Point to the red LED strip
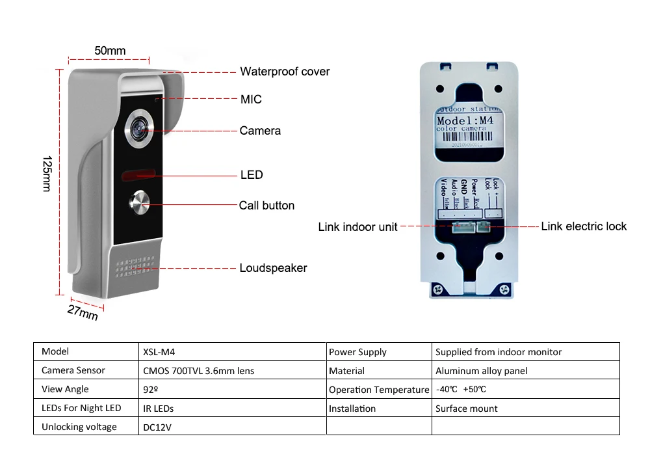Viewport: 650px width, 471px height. click(136, 174)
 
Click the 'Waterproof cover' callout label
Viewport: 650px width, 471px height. click(285, 72)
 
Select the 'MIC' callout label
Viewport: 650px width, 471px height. click(251, 100)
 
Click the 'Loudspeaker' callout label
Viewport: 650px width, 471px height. click(273, 268)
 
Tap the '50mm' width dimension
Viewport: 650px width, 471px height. click(110, 51)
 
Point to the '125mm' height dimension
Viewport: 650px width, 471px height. click(46, 174)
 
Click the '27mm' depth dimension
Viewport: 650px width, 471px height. click(83, 312)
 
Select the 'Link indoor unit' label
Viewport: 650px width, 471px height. click(357, 228)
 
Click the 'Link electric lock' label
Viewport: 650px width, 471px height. click(584, 226)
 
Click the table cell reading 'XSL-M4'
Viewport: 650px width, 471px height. click(159, 352)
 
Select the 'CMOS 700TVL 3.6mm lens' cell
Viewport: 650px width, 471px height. click(198, 371)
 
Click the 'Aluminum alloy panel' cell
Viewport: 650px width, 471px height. click(481, 371)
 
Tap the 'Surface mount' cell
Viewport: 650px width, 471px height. click(466, 409)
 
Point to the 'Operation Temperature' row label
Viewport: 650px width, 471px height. click(379, 390)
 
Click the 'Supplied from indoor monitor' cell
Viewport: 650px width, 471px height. click(499, 352)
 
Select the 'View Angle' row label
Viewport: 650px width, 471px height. click(65, 389)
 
